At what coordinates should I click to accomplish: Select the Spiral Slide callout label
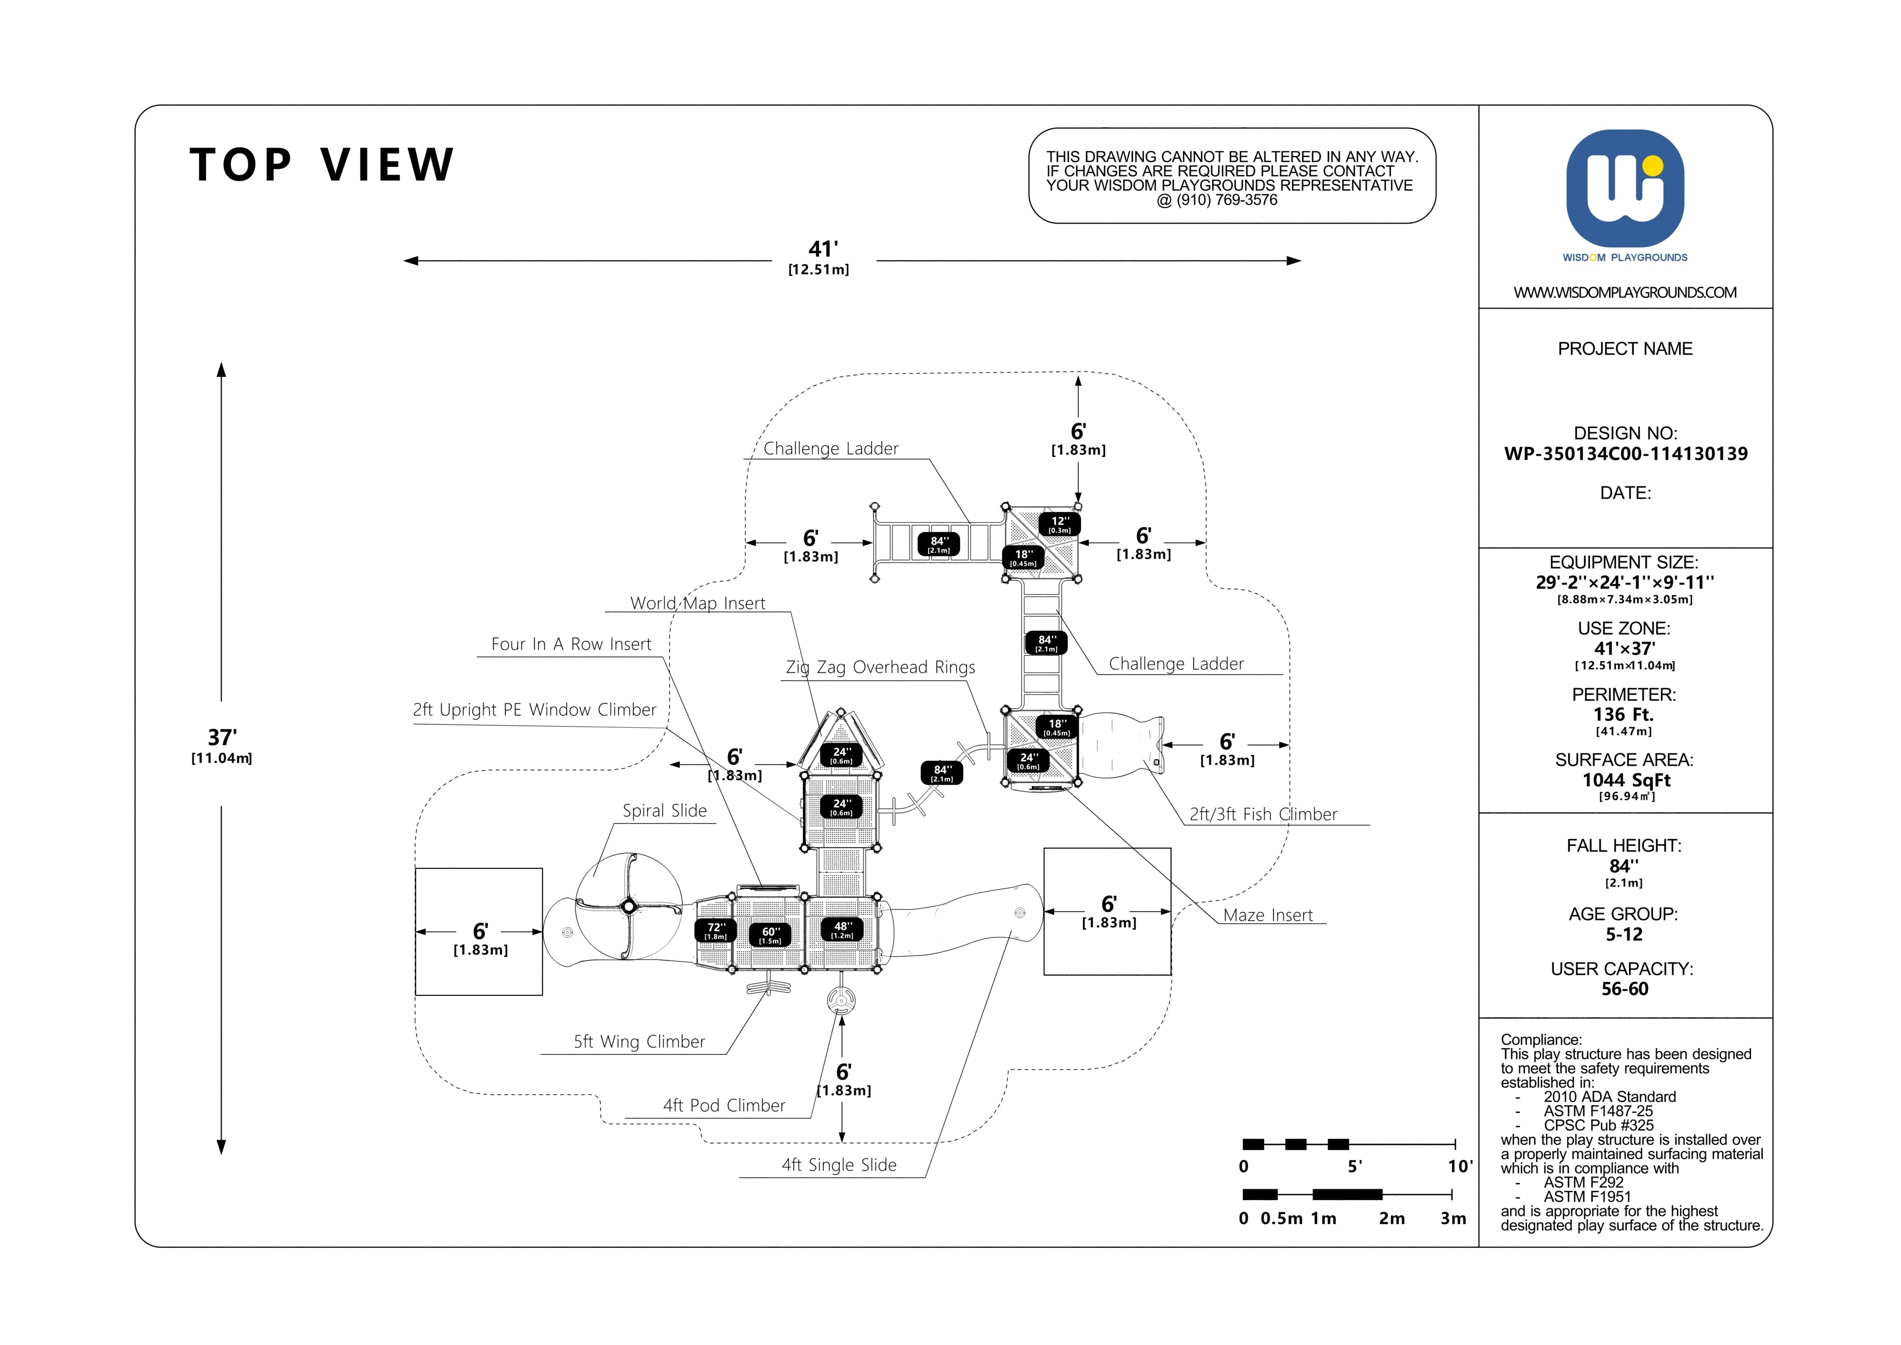[665, 811]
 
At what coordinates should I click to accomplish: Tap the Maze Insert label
[1268, 915]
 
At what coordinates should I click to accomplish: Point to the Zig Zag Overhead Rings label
[880, 668]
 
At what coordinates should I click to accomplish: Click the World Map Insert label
[698, 603]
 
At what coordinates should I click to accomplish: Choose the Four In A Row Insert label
[571, 644]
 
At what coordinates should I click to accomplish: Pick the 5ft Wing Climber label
[639, 1042]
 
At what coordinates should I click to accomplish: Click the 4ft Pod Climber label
[724, 1106]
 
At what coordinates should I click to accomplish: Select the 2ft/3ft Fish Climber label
[1264, 814]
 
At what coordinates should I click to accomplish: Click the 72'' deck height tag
[716, 930]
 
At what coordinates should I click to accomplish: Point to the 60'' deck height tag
[770, 934]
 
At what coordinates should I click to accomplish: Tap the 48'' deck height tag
[842, 929]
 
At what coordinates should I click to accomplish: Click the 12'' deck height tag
[1060, 524]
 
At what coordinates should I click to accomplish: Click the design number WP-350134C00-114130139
[1625, 454]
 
